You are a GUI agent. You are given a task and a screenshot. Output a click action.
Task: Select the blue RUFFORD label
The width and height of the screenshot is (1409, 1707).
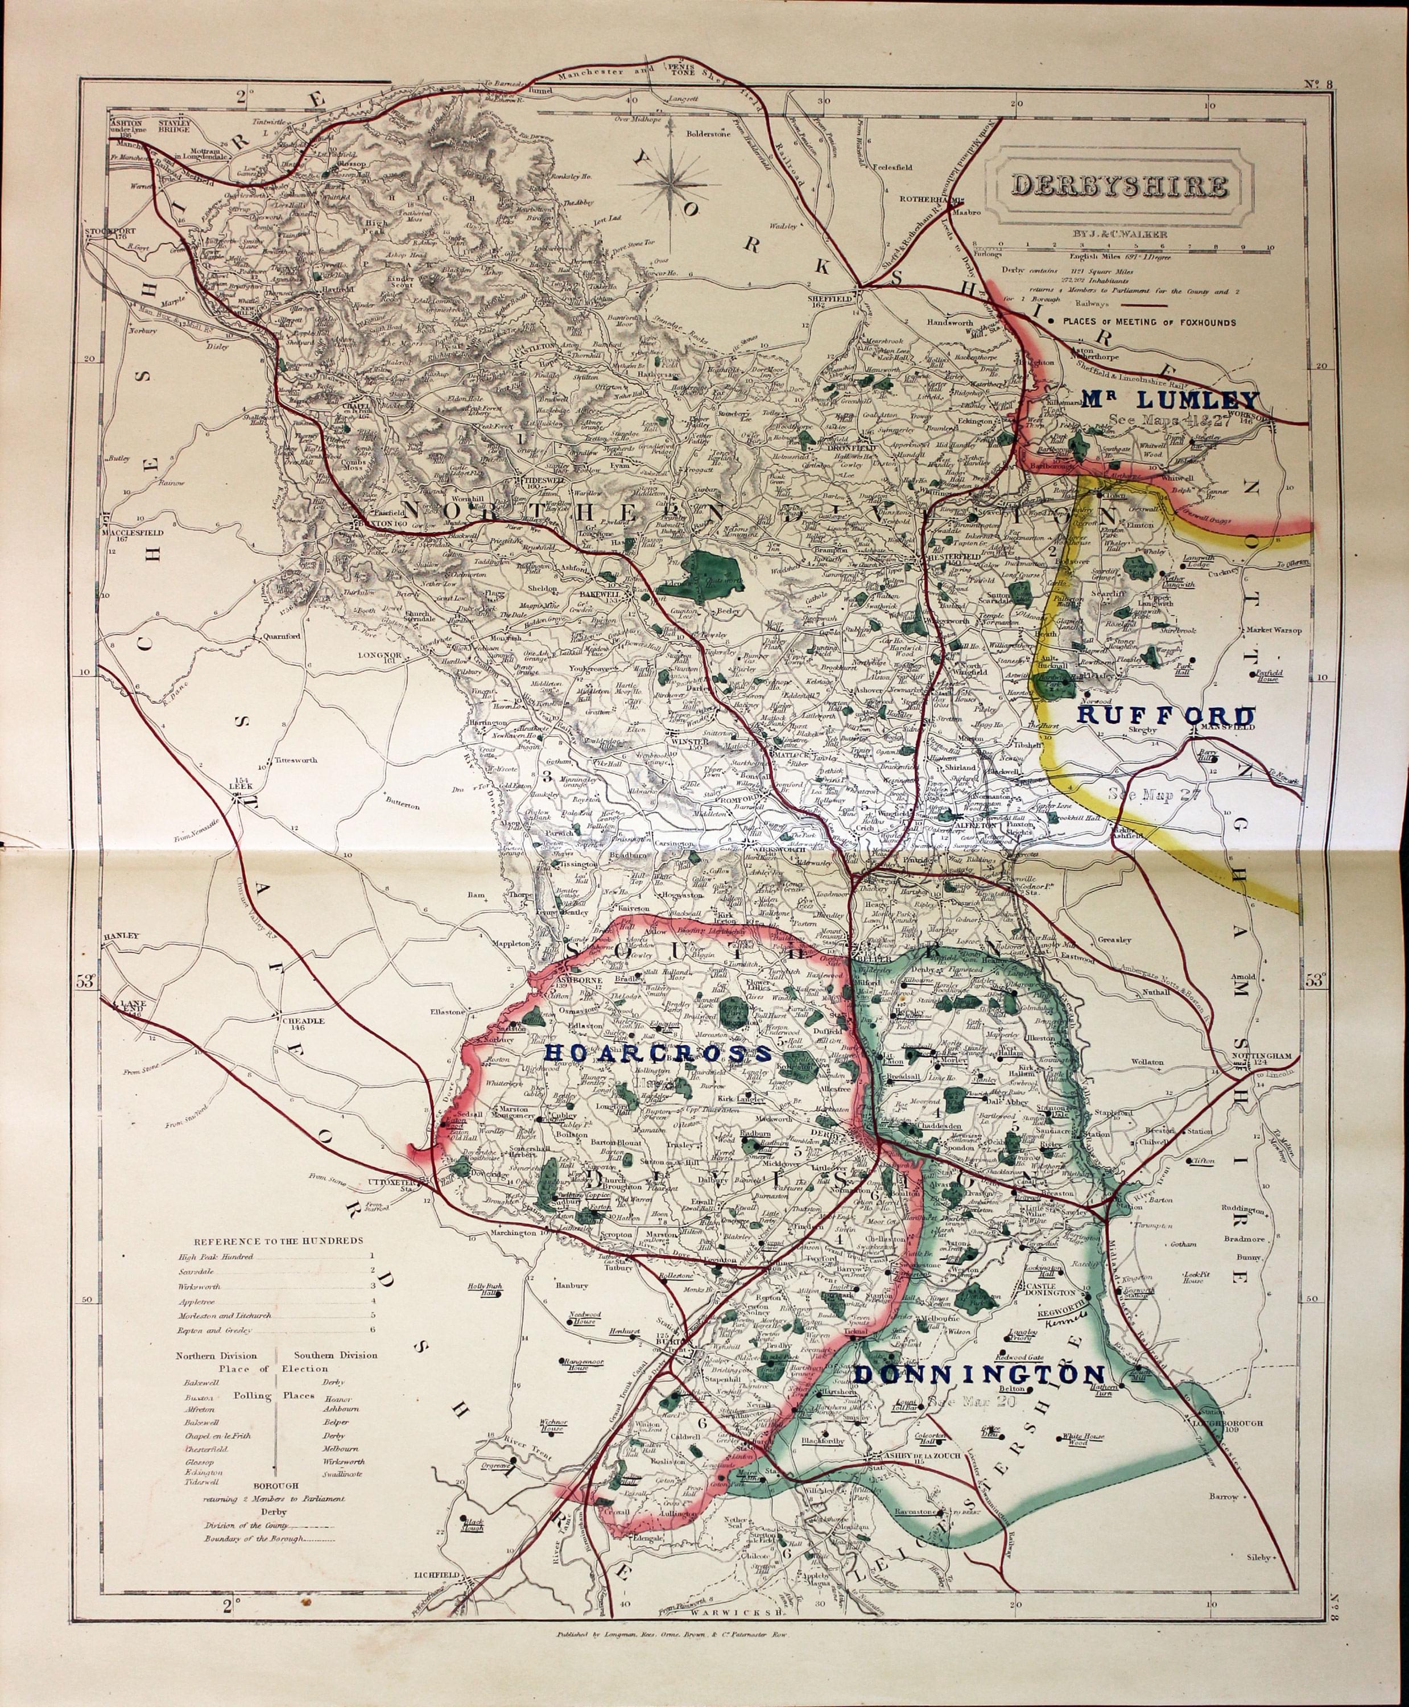pos(1166,715)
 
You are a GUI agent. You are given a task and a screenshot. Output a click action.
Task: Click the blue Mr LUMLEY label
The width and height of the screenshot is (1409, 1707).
pos(1170,399)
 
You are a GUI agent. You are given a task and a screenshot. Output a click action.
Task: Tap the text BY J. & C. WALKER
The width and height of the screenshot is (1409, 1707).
pos(1120,234)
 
